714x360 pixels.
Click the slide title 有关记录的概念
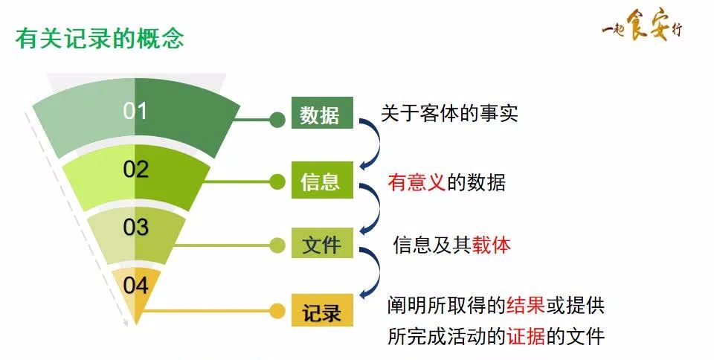point(99,38)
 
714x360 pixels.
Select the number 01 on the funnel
point(135,112)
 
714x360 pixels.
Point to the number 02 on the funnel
point(136,170)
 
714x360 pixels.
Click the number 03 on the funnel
point(135,227)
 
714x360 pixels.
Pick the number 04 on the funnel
point(135,285)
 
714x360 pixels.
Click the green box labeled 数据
point(321,115)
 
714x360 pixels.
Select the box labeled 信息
point(321,181)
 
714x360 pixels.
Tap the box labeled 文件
point(321,245)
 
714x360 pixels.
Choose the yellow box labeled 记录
point(321,310)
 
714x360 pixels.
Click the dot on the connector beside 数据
point(277,118)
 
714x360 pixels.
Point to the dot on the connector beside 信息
point(277,181)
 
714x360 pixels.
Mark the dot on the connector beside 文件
point(277,245)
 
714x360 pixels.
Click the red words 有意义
point(416,181)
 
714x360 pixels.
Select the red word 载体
point(491,245)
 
